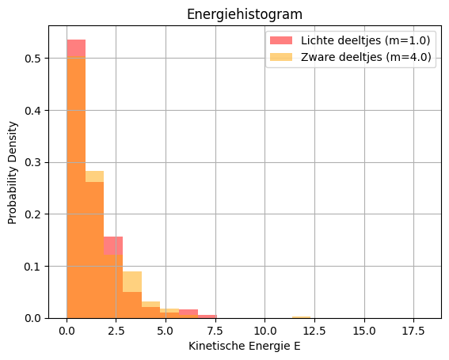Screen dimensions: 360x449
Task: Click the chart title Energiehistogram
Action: pos(244,14)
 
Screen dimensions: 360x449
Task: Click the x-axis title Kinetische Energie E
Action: pos(244,346)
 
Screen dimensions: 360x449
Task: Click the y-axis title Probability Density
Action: pos(13,172)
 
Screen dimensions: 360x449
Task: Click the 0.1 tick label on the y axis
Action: pos(36,266)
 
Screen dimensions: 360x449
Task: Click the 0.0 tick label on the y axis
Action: pos(36,318)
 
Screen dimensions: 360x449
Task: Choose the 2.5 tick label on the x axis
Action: pos(116,330)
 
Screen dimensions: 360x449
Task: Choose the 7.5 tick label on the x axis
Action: pos(215,330)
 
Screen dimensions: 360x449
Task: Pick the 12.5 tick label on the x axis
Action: pos(314,330)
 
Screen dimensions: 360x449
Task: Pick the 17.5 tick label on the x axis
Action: pos(413,330)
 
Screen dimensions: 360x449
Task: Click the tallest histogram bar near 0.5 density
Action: pos(76,190)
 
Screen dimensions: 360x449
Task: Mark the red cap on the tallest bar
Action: pos(76,48)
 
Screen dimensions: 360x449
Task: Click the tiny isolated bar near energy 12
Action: pos(301,316)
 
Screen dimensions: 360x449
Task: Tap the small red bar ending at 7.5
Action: pos(207,316)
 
